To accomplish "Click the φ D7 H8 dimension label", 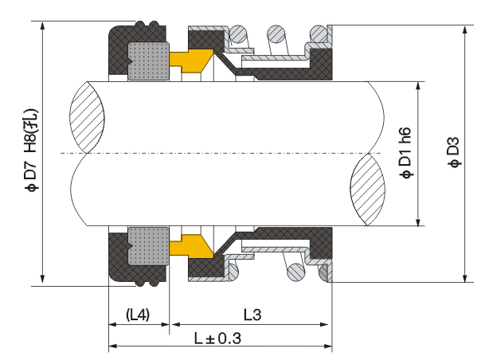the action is tap(32, 150).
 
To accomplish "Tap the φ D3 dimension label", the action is tap(455, 152).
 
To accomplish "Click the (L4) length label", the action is tap(138, 315).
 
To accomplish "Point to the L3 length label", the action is tap(252, 315).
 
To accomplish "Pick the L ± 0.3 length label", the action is tap(217, 338).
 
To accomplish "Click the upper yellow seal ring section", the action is tap(191, 61).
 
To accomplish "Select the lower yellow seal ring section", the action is tap(191, 246).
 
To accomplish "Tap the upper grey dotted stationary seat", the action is tap(148, 61).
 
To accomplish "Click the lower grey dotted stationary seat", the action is tap(148, 246).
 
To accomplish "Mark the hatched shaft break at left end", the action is tap(88, 117).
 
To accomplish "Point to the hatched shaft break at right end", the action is tap(367, 190).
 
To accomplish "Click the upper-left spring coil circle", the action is tap(238, 33).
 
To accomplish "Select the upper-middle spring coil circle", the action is tap(276, 33).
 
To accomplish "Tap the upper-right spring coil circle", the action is tap(319, 33).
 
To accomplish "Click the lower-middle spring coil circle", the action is tap(296, 272).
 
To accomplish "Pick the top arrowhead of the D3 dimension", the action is tap(464, 30).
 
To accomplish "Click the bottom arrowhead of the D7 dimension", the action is tap(42, 277).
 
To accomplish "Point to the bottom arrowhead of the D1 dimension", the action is tap(418, 221).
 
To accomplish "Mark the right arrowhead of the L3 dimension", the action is tap(324, 324).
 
